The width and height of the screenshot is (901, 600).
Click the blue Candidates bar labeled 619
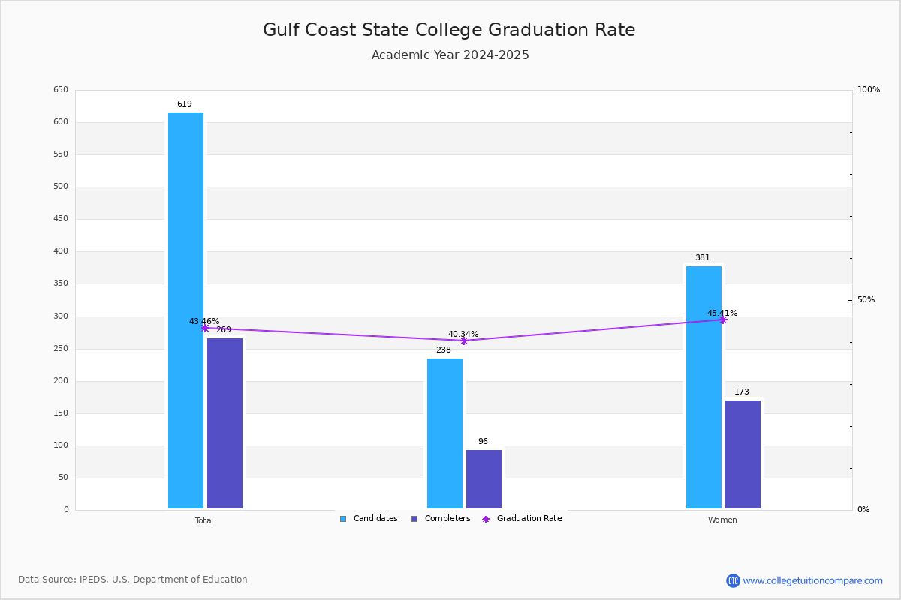[185, 310]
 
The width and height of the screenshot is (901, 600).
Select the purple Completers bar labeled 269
[224, 423]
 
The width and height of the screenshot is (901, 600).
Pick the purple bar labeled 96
[484, 479]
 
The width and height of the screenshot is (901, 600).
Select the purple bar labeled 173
[743, 454]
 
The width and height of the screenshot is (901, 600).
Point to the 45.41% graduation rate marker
[723, 319]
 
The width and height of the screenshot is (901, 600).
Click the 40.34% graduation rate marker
[464, 340]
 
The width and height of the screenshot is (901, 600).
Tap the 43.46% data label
[204, 321]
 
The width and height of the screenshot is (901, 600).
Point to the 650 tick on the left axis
[60, 90]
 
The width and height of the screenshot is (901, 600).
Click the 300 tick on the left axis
[60, 316]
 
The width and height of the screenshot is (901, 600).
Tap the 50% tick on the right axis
[866, 300]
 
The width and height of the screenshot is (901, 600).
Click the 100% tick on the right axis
[868, 90]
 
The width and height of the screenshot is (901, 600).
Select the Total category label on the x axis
[204, 520]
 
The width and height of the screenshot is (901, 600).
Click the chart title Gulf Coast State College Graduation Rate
[449, 30]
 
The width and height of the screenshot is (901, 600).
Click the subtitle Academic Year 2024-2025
[450, 55]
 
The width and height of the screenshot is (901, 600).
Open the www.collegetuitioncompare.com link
[812, 580]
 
